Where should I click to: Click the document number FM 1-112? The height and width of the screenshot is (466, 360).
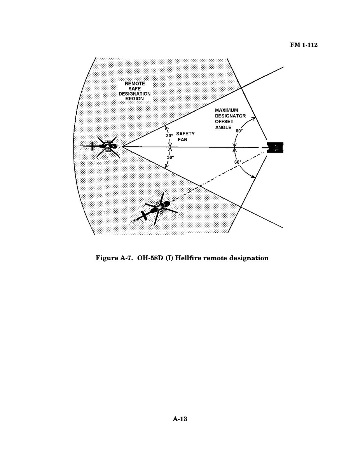304,45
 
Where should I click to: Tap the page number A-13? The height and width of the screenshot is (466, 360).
180,419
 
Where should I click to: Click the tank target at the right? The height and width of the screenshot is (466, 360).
274,147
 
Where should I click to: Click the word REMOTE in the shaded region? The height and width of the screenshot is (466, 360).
135,84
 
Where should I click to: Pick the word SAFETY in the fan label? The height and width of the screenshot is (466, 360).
185,133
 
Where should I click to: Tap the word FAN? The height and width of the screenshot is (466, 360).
183,139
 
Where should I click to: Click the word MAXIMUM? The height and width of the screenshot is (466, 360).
227,110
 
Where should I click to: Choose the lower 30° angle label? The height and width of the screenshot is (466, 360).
170,158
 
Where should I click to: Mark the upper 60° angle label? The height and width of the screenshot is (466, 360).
239,131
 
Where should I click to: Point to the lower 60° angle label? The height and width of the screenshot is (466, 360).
238,162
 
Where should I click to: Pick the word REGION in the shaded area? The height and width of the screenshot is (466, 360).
134,99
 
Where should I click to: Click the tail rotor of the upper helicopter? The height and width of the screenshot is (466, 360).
93,146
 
